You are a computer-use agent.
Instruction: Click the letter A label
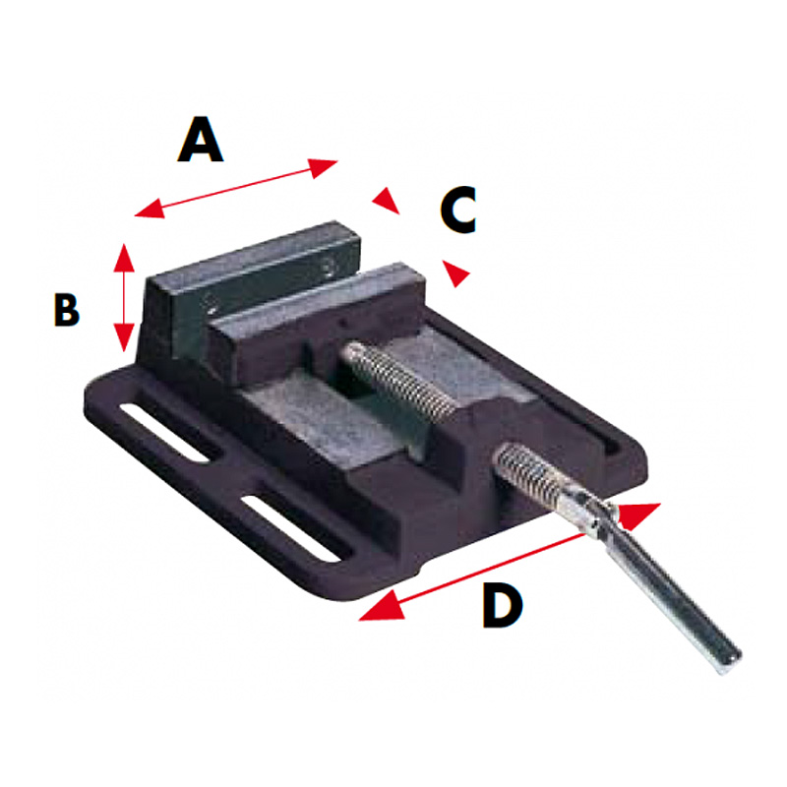[201, 139]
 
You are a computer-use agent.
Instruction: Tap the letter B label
[67, 310]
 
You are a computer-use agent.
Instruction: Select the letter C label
[458, 210]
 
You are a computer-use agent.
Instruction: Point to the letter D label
[503, 605]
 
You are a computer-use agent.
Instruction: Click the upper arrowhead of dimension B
[124, 258]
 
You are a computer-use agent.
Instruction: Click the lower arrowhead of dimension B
[124, 337]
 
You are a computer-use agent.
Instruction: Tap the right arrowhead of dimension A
[323, 167]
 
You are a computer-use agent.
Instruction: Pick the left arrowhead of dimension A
[150, 210]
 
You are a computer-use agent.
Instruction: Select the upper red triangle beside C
[386, 201]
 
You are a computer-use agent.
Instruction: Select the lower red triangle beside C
[454, 273]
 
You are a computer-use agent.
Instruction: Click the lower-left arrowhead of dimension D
[383, 606]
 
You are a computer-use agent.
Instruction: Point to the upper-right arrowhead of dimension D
[638, 515]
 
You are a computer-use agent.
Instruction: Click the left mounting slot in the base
[165, 431]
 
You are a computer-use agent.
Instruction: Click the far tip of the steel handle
[733, 660]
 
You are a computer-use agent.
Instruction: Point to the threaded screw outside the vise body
[528, 473]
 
